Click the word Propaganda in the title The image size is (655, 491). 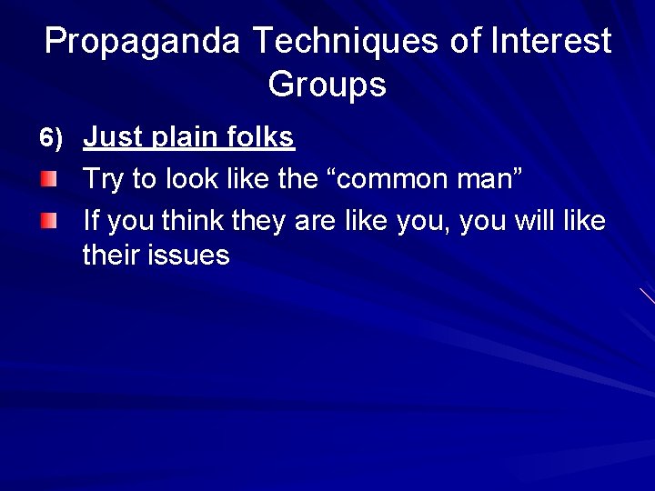(143, 42)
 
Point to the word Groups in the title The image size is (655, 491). (327, 85)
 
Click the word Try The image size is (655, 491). (103, 180)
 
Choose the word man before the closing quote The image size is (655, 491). (489, 180)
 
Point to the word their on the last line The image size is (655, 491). (113, 256)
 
